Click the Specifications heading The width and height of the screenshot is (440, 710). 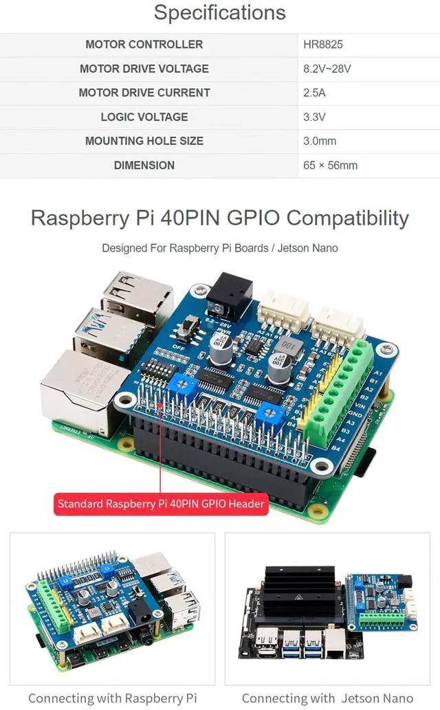point(220,13)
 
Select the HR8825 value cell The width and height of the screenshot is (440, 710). point(322,45)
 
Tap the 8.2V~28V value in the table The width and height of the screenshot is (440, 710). point(327,69)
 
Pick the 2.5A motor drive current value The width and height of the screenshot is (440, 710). point(315,93)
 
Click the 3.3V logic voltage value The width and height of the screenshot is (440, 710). point(314,117)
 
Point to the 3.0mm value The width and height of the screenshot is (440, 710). point(320,141)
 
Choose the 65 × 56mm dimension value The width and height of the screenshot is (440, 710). point(330,165)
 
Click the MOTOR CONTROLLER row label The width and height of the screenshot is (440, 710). point(144,45)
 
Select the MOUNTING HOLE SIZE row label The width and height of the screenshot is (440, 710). point(144,141)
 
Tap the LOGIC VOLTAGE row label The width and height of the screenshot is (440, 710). point(144,117)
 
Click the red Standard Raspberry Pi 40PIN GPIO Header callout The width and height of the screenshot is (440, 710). point(161,504)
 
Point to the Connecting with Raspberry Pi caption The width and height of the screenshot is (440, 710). point(112,698)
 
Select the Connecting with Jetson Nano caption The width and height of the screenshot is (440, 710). point(327,698)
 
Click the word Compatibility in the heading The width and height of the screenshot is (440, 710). point(347,219)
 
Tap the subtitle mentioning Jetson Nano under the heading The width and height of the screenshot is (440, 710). point(220,248)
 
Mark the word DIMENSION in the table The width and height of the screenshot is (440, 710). point(144,165)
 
